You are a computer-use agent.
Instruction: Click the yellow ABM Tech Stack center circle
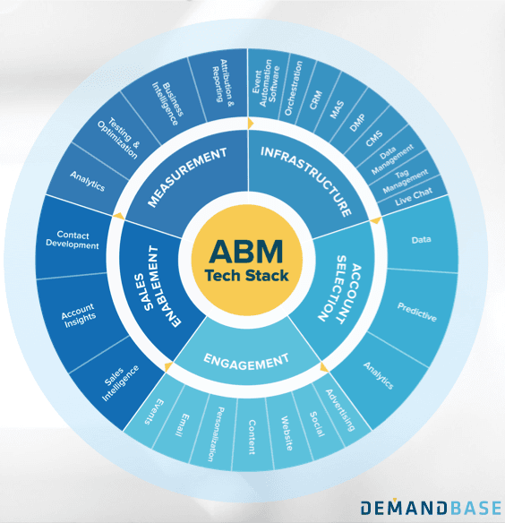tap(247, 260)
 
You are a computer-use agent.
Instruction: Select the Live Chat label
tap(414, 196)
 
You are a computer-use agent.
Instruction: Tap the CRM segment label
tap(315, 99)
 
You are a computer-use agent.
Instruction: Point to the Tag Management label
tap(405, 180)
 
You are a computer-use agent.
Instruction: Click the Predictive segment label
tap(417, 312)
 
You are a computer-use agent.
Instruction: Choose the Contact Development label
tap(73, 240)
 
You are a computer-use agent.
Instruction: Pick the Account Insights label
tap(79, 315)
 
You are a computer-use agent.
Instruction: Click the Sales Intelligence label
tap(119, 382)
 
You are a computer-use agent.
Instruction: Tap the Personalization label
tap(216, 434)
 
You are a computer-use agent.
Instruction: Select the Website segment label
tap(287, 433)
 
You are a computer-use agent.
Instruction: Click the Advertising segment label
tap(340, 410)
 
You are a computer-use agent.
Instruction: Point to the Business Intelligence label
tap(168, 103)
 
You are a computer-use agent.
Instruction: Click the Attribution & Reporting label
tap(223, 83)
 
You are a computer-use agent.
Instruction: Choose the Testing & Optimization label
tap(118, 139)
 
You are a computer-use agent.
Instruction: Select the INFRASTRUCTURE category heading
tap(306, 180)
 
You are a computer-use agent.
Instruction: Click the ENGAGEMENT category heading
tap(246, 362)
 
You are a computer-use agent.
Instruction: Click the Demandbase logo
tap(431, 508)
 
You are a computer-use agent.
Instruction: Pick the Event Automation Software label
tap(266, 83)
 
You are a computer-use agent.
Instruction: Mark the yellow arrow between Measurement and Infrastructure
tap(251, 124)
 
